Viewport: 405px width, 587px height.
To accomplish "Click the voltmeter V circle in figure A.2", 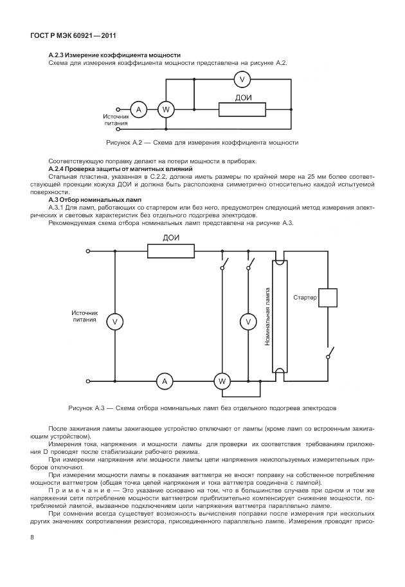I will click(x=242, y=79).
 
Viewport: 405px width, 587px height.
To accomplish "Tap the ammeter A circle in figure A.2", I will click(x=138, y=109).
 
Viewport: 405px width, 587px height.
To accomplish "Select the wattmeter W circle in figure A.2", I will click(x=165, y=109).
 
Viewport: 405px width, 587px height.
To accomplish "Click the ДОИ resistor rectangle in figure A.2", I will click(x=243, y=109).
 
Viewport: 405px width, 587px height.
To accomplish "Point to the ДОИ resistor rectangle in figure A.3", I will click(x=171, y=250).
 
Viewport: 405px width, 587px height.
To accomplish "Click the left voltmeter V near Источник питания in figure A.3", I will click(x=114, y=321).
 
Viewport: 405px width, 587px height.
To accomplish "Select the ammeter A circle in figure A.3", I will click(x=165, y=381).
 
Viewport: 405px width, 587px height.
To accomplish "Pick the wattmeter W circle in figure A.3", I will click(x=222, y=381).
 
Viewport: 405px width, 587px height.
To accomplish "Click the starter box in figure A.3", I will click(x=328, y=298).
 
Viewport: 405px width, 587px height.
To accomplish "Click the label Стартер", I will click(x=305, y=298).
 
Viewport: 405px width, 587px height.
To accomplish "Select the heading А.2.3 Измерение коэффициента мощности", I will click(x=114, y=55).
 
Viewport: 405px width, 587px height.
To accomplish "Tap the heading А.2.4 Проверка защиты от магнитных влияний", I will click(x=120, y=168).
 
